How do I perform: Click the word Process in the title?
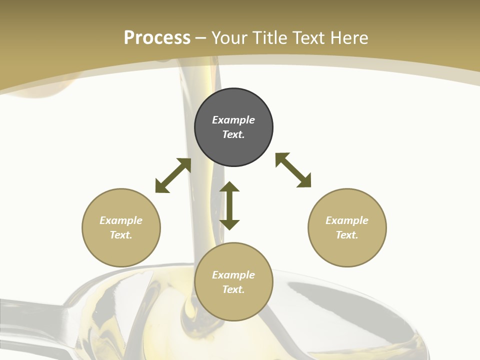[157, 38]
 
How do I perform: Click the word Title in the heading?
[269, 38]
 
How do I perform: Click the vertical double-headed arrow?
[229, 205]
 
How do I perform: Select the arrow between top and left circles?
[173, 175]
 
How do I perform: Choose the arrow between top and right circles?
[293, 170]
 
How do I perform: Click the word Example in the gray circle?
[233, 120]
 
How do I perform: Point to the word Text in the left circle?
[121, 235]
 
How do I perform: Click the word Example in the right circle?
[347, 220]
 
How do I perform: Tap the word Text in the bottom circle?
[233, 289]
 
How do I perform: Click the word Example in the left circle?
[121, 220]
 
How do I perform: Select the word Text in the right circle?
[347, 235]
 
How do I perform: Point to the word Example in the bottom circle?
[233, 275]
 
